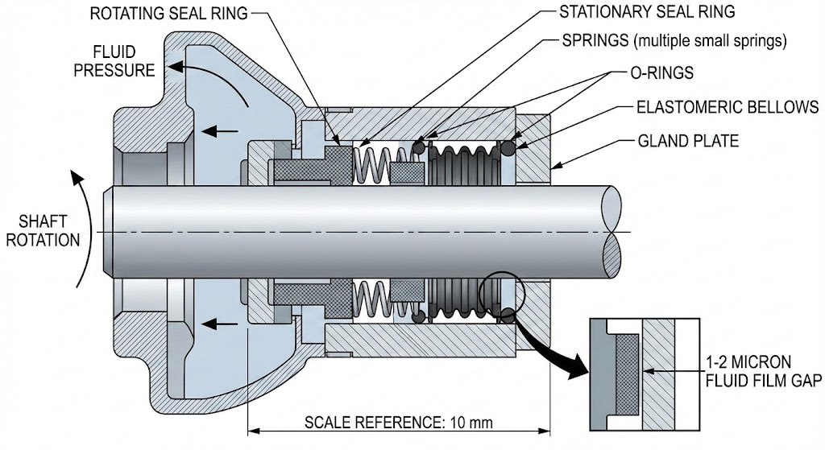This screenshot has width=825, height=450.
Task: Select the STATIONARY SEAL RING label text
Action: (647, 14)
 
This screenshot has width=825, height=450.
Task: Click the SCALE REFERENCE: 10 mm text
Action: (398, 422)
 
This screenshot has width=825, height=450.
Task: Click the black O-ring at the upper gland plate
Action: (508, 149)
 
